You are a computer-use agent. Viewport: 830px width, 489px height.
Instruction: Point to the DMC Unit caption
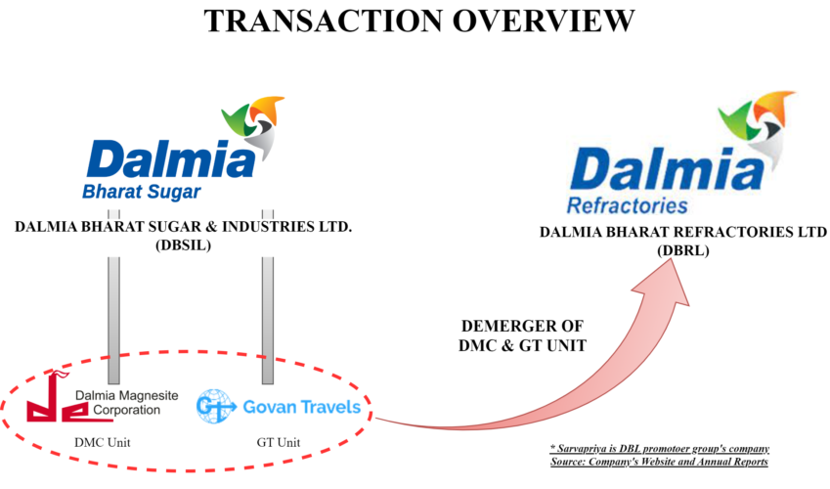coord(102,442)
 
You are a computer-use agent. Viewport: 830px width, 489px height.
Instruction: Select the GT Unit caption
coord(278,442)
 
